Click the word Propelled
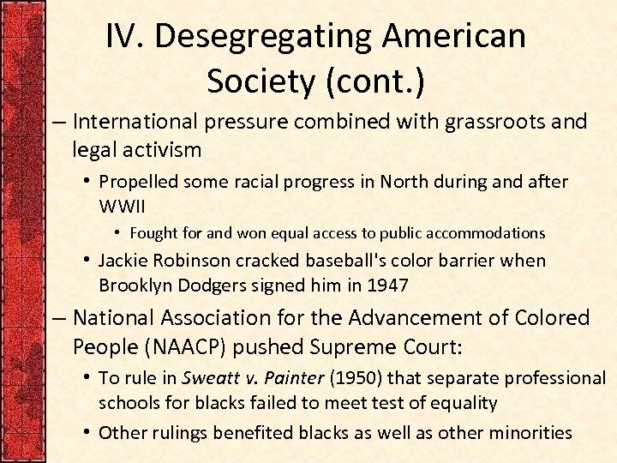(137, 182)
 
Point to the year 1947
(391, 284)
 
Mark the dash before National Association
(60, 318)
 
